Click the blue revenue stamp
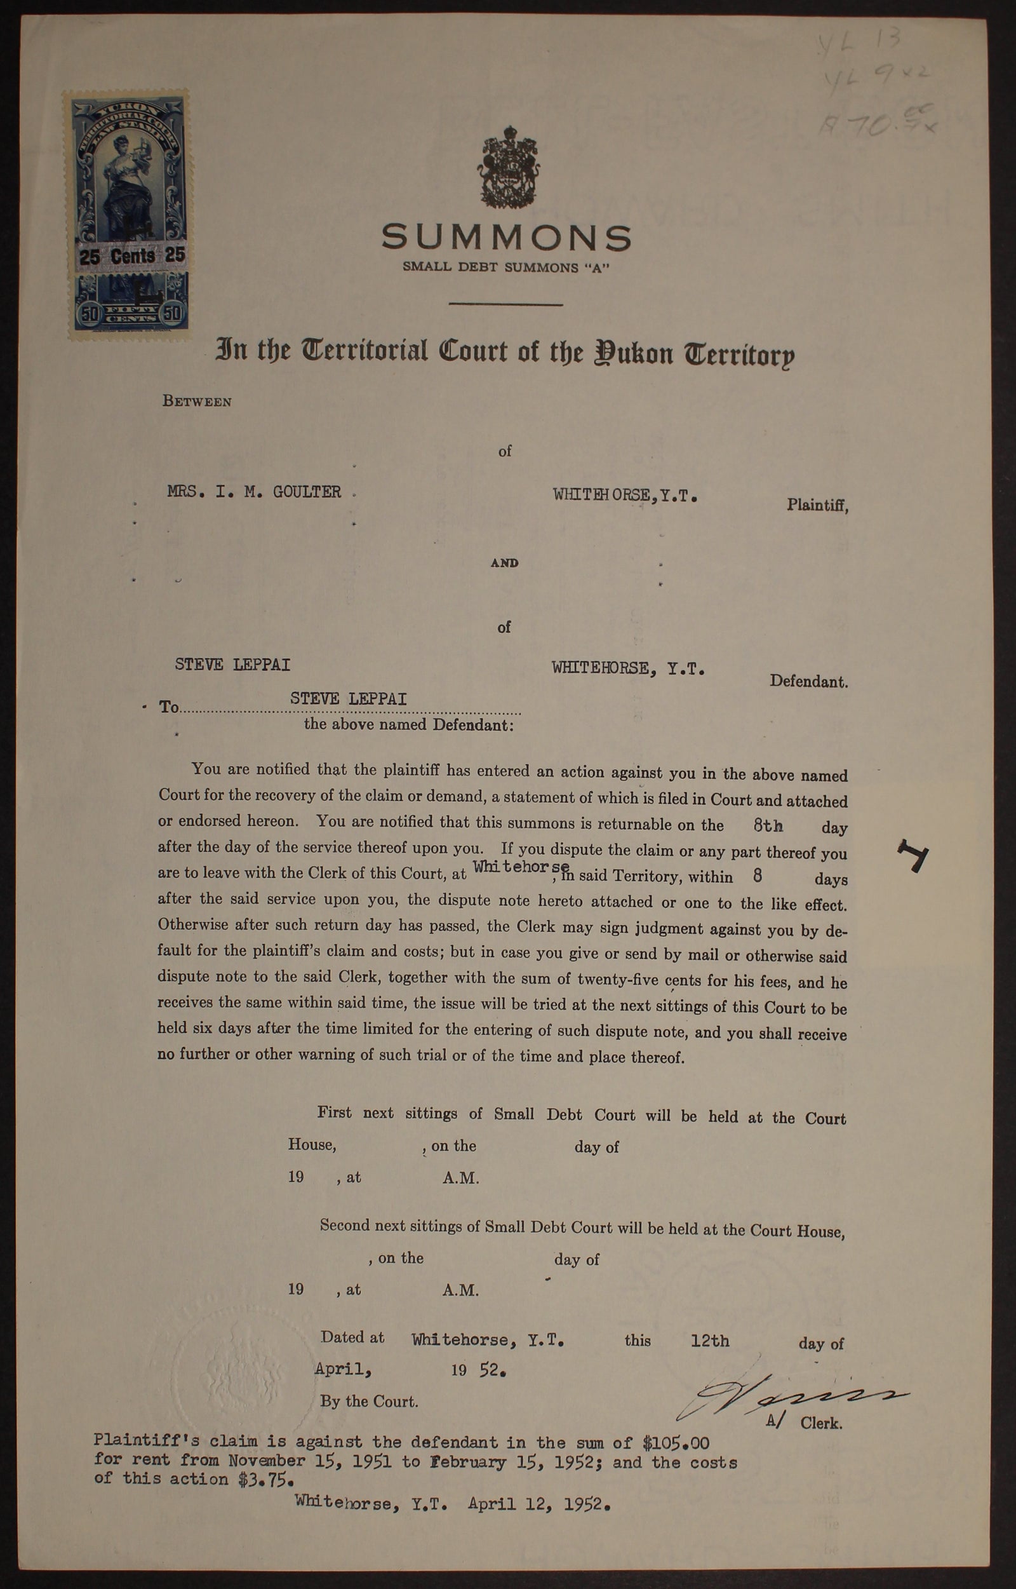125,215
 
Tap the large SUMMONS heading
506,237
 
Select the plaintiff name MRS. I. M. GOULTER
254,492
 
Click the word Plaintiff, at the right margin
817,505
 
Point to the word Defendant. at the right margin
808,681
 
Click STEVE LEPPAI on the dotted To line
348,698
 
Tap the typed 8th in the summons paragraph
768,825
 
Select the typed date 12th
710,1340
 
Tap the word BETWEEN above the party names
197,402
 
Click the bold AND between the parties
504,563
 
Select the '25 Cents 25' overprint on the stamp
132,256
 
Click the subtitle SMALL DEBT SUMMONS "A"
506,267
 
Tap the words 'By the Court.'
369,1401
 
